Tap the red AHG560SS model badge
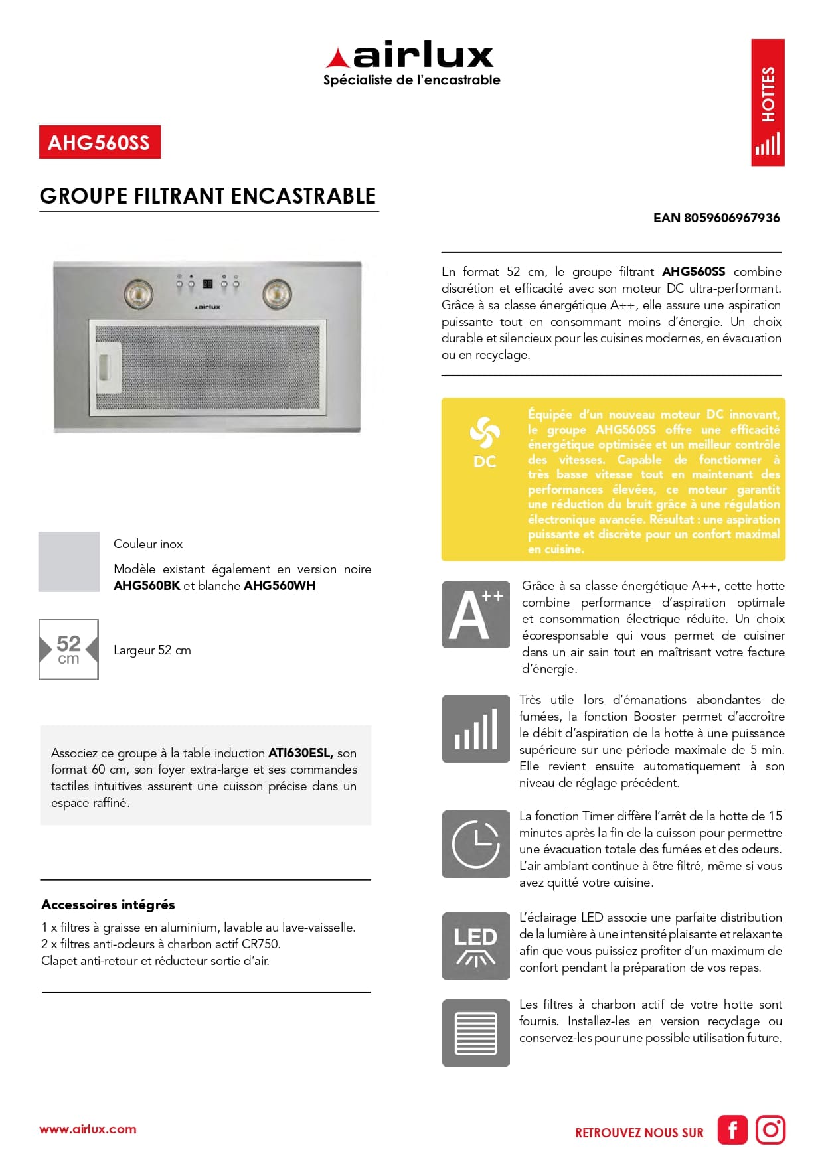pos(100,142)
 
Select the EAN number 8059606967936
pos(716,218)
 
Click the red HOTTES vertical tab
pos(768,102)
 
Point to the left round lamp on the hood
pos(139,294)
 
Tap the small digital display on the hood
pos(207,284)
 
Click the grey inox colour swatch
pos(69,561)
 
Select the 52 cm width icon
pos(68,649)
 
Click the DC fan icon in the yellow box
pos(484,441)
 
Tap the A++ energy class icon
pos(475,615)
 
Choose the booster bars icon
pos(475,729)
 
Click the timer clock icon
pos(475,843)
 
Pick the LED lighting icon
pos(475,946)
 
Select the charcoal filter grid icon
pos(475,1033)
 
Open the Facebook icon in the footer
pos(732,1130)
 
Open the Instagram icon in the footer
pos(770,1130)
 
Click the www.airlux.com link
pos(88,1129)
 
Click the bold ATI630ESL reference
pos(300,753)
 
